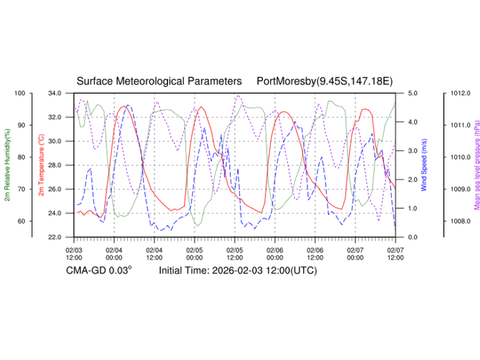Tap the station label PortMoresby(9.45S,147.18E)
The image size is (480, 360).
point(324,81)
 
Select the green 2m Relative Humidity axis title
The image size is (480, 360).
point(7,165)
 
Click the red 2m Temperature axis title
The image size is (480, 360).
point(41,165)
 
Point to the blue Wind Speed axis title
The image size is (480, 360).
point(424,165)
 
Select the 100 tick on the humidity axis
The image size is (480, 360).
point(21,93)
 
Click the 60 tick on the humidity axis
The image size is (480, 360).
point(22,221)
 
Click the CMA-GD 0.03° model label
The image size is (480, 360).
point(99,271)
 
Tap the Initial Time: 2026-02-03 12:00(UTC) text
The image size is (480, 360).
point(238,271)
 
